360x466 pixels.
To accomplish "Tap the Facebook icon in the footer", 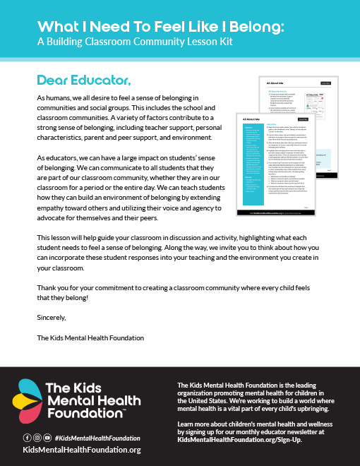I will click(28, 438).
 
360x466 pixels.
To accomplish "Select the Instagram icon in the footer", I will click(37, 438).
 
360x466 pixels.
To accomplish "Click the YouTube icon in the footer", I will click(47, 438).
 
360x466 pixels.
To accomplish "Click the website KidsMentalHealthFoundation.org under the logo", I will click(82, 450).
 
